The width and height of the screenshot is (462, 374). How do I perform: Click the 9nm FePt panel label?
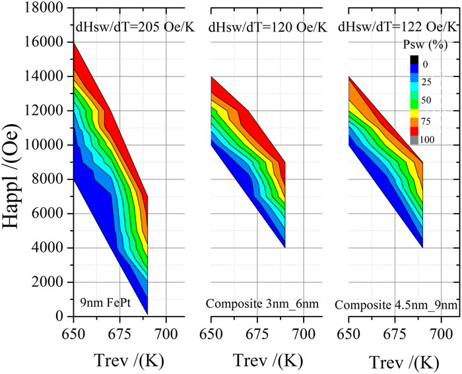[102, 304]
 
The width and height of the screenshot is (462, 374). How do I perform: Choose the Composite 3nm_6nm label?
[252, 304]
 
